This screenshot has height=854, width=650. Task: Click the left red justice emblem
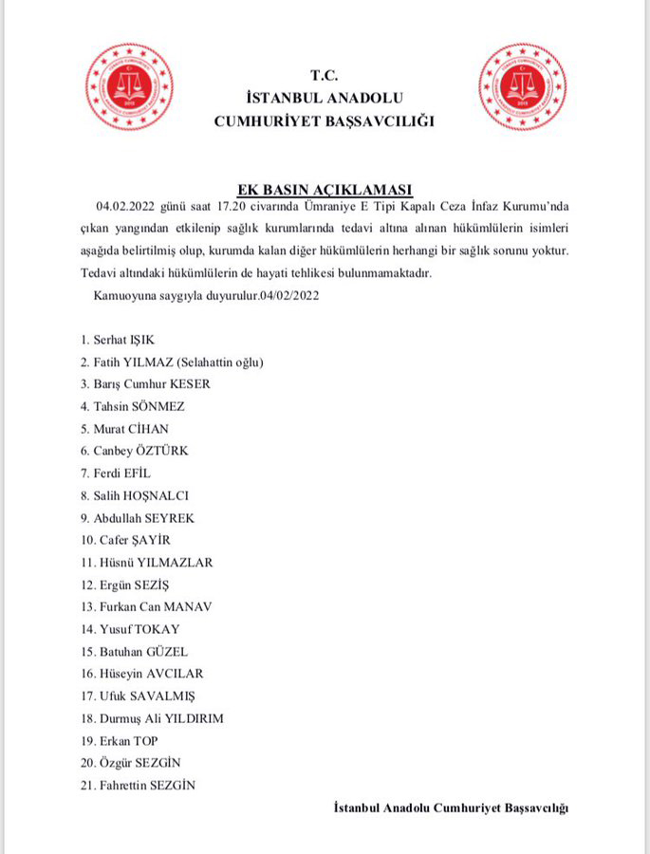point(129,89)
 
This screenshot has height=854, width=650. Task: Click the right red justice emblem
point(521,89)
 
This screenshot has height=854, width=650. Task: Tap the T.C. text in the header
point(324,76)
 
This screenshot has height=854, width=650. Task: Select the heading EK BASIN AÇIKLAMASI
point(325,189)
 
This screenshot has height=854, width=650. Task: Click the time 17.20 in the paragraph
point(218,207)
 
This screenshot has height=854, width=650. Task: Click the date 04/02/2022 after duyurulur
point(290,296)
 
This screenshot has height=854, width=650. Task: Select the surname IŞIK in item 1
point(150,339)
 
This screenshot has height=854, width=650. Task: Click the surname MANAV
point(191,606)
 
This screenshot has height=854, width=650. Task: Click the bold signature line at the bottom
point(451,808)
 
